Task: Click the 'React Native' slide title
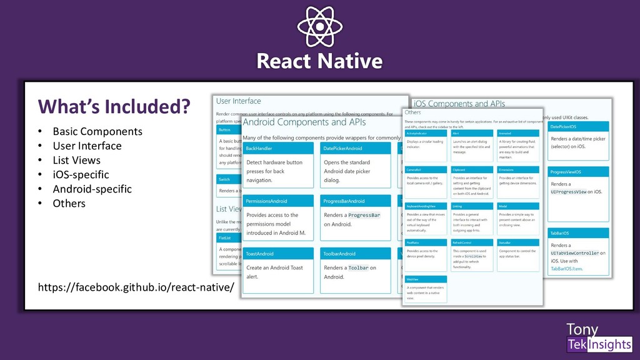tap(319, 61)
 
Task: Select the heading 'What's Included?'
tap(114, 107)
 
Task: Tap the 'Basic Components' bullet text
tap(97, 131)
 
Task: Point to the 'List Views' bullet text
tap(76, 160)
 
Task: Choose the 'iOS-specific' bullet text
tap(81, 174)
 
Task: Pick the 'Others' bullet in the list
tap(69, 203)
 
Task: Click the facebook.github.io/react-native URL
tap(136, 287)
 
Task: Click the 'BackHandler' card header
tap(277, 148)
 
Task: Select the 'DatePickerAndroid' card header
tap(354, 148)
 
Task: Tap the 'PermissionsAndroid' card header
tap(277, 201)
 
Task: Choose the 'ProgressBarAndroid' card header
tap(354, 201)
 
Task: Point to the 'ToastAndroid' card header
tap(277, 254)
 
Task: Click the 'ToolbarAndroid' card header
tap(354, 254)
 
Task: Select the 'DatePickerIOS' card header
tap(577, 126)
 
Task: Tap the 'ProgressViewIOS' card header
tap(577, 171)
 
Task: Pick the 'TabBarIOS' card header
tap(577, 232)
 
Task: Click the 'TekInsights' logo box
tap(599, 344)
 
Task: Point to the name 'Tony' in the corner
tap(582, 329)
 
